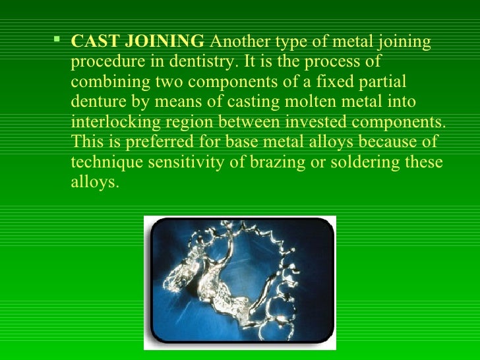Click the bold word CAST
point(92,43)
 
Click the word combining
point(105,80)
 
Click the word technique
point(102,163)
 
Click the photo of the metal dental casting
point(241,282)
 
